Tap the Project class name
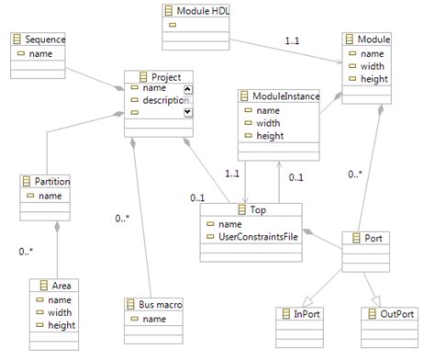click(162, 76)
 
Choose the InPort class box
click(299, 315)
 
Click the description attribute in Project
click(165, 100)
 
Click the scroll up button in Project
click(187, 88)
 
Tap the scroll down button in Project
click(187, 111)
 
